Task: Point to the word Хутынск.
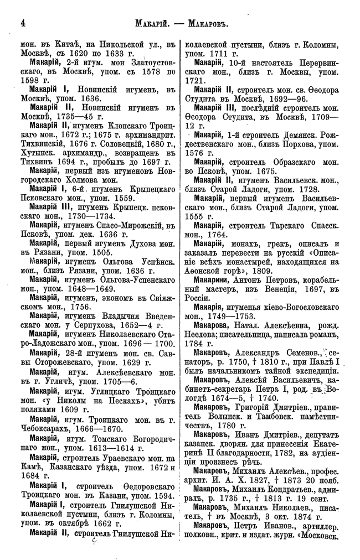37,155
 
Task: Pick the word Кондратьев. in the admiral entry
287,494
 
